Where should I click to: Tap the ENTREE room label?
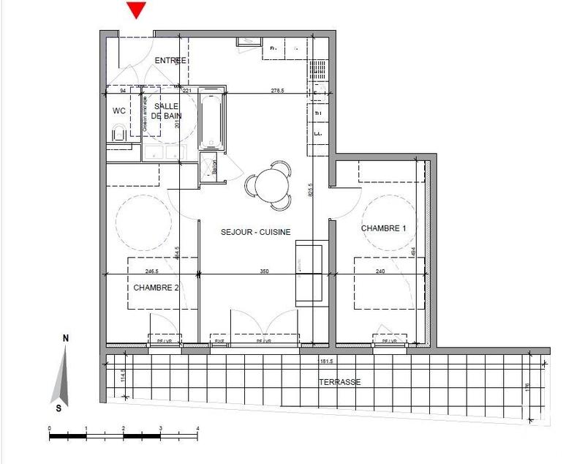pos(170,60)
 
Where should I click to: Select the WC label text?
pos(119,111)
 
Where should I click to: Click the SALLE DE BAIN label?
pos(167,111)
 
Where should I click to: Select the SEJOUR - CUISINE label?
pos(256,232)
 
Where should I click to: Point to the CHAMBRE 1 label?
pos(383,229)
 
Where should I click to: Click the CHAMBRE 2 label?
pos(156,288)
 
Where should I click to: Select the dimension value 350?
pos(265,272)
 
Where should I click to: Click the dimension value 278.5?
pos(277,91)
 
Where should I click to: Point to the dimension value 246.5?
pos(153,272)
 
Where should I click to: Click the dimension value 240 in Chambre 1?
pos(381,272)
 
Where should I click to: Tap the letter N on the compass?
pos(65,338)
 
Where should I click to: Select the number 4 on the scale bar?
pos(198,428)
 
